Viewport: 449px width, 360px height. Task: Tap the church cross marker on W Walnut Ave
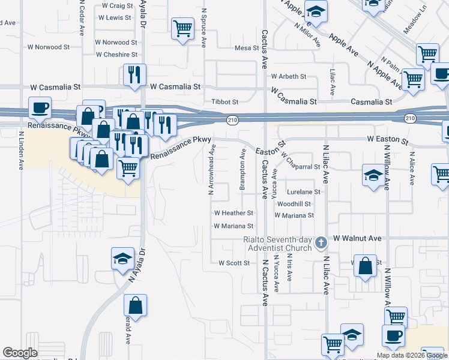[x=321, y=242]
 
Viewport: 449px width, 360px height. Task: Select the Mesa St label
[x=246, y=48]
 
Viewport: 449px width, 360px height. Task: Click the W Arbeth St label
[x=288, y=77]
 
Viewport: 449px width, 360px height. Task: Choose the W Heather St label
[x=234, y=213]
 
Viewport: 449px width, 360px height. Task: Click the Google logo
[x=20, y=353]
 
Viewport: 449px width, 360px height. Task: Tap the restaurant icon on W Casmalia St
[x=134, y=75]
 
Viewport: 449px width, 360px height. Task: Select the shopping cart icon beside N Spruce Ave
[x=182, y=27]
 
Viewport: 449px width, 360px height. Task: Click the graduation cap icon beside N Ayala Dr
[x=122, y=259]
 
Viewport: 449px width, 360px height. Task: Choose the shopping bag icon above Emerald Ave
[x=136, y=305]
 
